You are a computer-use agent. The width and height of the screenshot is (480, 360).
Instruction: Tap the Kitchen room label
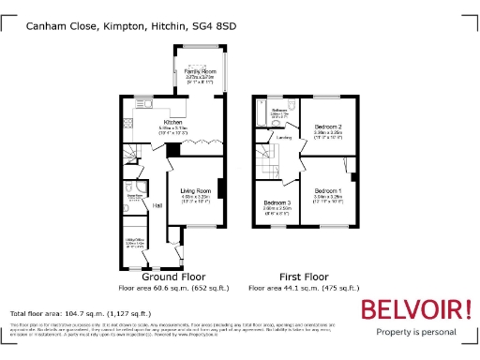172,123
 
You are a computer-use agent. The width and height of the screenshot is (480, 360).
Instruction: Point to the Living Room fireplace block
221,188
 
